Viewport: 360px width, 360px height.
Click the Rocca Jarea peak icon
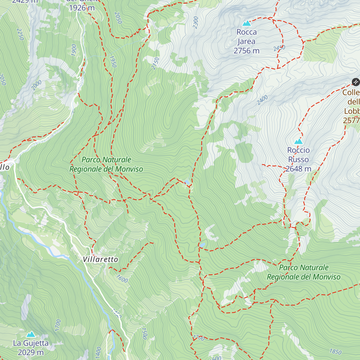coord(247,23)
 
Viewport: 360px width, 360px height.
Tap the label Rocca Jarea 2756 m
coord(247,41)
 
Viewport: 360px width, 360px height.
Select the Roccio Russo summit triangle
coord(298,141)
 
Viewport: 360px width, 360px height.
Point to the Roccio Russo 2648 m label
coord(298,160)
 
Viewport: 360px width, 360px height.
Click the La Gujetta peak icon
coord(31,334)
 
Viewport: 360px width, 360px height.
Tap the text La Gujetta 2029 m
coord(31,348)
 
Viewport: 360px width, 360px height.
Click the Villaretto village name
coord(100,259)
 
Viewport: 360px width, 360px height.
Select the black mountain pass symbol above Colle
coord(355,82)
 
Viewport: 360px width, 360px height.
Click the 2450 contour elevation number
coord(279,48)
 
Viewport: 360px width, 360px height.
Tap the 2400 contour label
coord(262,100)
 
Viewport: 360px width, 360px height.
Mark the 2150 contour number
coord(155,64)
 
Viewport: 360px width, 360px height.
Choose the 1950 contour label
coord(113,61)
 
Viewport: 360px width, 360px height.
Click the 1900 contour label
coord(74,50)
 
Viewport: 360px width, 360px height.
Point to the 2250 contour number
coord(20,34)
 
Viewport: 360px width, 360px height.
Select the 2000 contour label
coord(36,85)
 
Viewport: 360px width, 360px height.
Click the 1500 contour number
coord(144,333)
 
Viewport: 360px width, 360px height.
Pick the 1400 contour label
coord(98,352)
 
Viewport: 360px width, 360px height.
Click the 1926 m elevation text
coord(82,8)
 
